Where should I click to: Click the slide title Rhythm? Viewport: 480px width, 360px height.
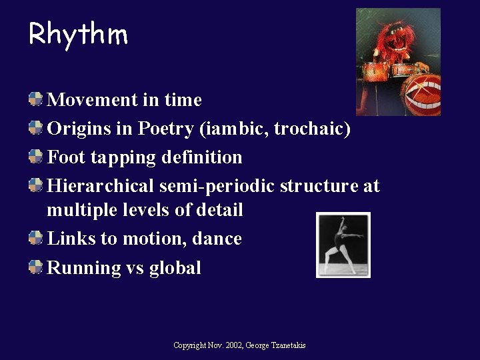(78, 33)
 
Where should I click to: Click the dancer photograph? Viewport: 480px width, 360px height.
(343, 245)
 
